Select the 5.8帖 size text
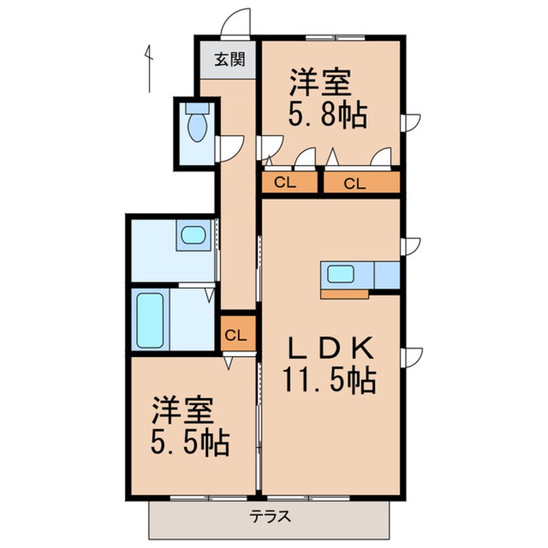[x=327, y=117]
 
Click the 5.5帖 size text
[x=189, y=444]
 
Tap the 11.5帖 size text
[x=328, y=381]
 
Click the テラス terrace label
[x=269, y=518]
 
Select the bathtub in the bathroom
[x=150, y=321]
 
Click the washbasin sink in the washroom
[x=193, y=234]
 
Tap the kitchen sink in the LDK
[x=341, y=274]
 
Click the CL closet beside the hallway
[x=236, y=336]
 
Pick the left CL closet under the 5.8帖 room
[x=289, y=183]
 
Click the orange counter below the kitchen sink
[x=344, y=294]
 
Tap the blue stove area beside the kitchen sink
[x=387, y=275]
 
